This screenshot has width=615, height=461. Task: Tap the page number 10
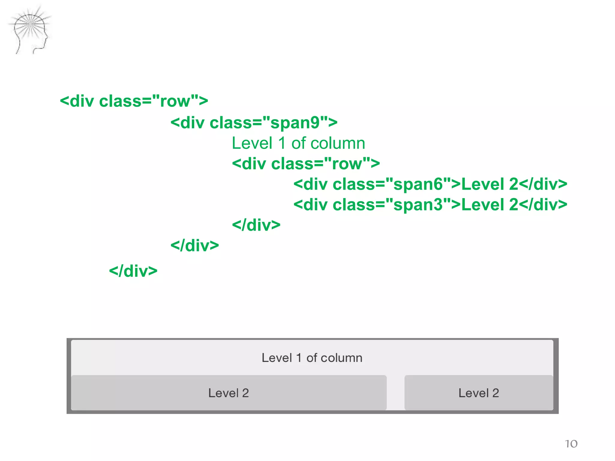pos(571,444)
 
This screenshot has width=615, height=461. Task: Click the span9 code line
pos(254,123)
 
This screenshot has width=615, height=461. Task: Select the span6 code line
pos(430,184)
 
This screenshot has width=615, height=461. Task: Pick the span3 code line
pos(430,205)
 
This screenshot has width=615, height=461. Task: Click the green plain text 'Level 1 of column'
pos(298,143)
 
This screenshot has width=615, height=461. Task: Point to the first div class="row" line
pos(134,101)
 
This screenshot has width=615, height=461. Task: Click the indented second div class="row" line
pos(306,164)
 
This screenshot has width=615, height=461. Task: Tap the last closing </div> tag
pos(133,271)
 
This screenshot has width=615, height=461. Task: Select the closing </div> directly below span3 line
pos(256,225)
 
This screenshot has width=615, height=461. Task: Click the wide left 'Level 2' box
pos(229,393)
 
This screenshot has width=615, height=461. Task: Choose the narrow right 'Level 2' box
pos(478,393)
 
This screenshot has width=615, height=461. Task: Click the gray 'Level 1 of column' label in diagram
pos(312,358)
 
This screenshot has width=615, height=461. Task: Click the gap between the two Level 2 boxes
pos(395,393)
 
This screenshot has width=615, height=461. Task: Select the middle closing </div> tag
pos(195,246)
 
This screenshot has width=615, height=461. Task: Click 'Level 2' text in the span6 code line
pos(489,184)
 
